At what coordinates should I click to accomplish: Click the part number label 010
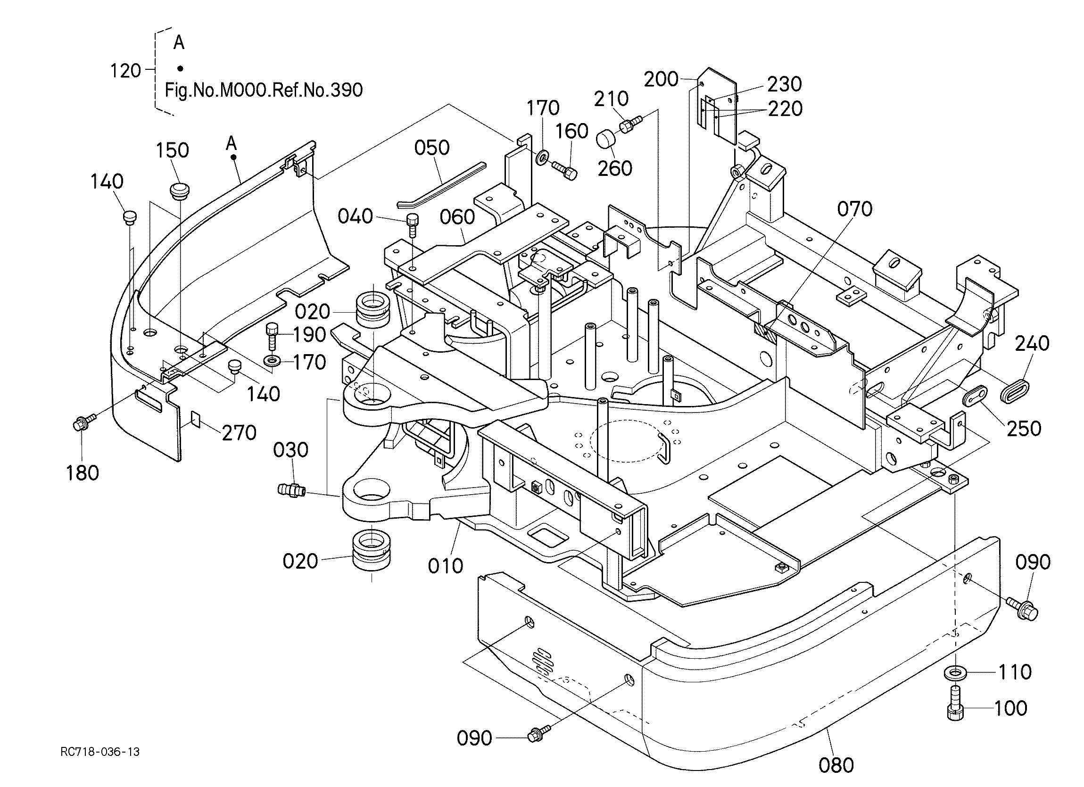coord(446,566)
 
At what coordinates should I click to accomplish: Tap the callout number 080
coord(836,765)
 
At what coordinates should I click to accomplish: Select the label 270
coord(239,433)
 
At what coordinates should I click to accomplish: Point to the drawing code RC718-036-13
coord(100,752)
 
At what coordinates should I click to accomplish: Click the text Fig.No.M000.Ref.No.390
coord(264,90)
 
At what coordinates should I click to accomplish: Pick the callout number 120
coord(126,71)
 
